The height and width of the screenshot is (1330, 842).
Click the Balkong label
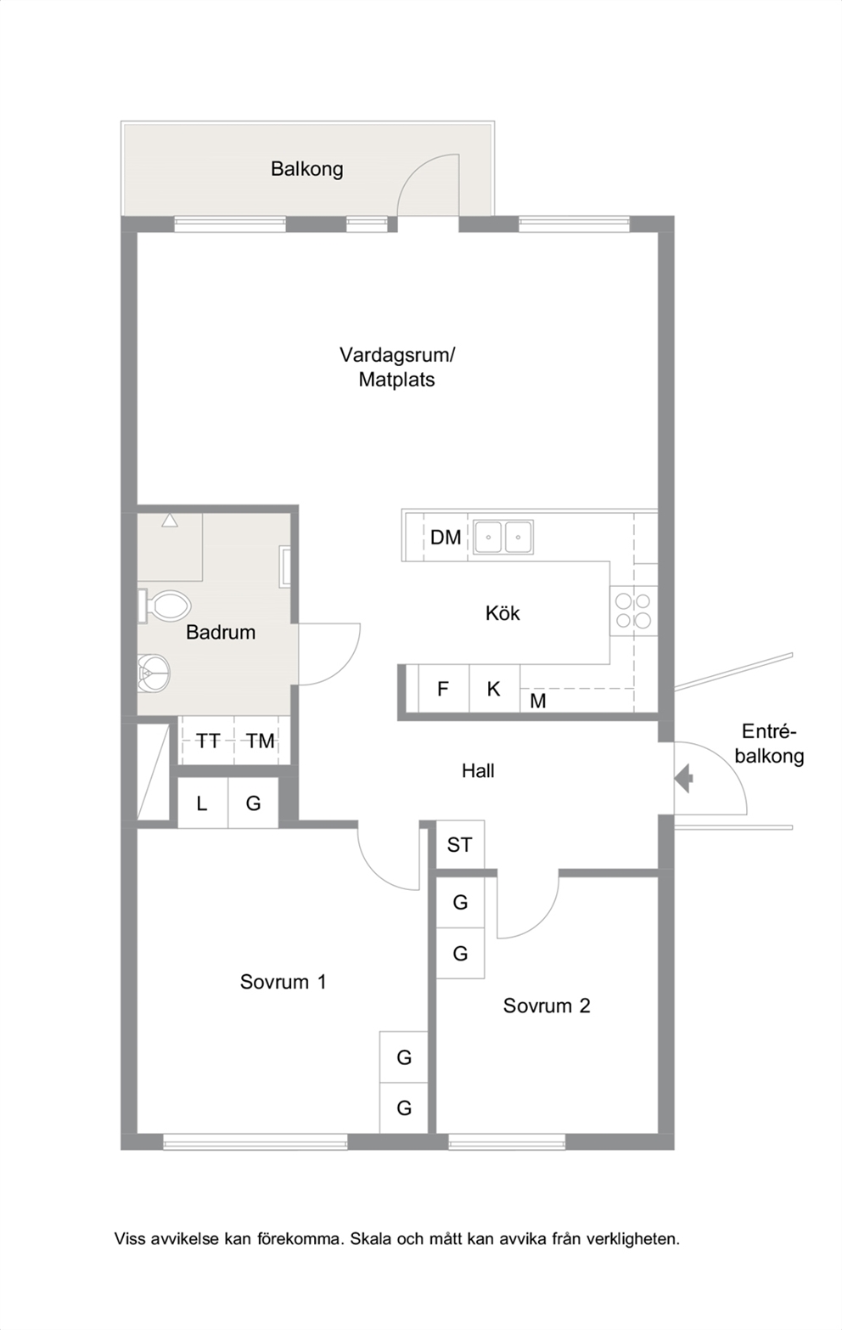(306, 169)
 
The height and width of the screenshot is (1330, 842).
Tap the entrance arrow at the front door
(684, 779)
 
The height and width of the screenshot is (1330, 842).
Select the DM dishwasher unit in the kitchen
(446, 538)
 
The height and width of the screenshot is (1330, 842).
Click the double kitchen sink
(503, 537)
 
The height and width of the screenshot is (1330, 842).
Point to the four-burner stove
(633, 611)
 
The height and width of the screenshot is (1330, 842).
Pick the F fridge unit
(443, 689)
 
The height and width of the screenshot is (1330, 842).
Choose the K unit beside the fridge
(494, 689)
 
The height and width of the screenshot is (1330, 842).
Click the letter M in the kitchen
(537, 702)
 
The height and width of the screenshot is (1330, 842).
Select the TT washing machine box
(208, 741)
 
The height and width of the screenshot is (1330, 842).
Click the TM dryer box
(261, 741)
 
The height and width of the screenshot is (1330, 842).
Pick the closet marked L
(203, 803)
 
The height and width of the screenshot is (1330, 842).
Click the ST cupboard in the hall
(460, 845)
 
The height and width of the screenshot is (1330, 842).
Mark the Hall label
(478, 771)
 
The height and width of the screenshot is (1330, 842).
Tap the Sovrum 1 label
(283, 982)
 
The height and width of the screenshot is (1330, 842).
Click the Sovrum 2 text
(547, 1006)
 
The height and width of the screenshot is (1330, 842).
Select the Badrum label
(221, 633)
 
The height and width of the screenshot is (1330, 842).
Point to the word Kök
(502, 612)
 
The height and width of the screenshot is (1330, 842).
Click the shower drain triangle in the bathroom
(170, 521)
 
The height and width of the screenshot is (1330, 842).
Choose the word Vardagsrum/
(397, 355)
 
